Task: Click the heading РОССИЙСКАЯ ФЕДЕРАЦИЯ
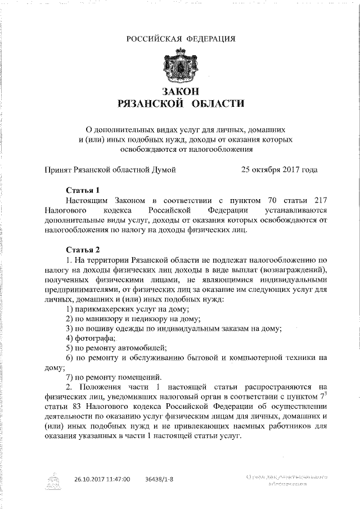click(180, 38)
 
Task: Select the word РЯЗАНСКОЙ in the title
click(150, 103)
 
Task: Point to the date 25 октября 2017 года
click(279, 169)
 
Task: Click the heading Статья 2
click(83, 250)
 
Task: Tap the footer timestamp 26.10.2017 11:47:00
click(102, 479)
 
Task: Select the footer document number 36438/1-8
click(159, 479)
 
